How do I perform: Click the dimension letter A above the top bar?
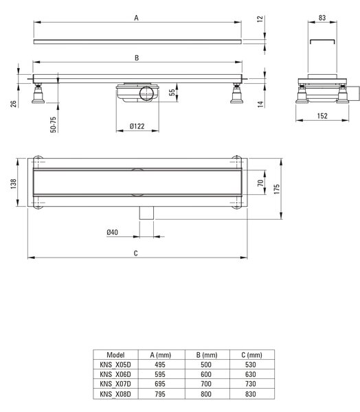tap(136, 18)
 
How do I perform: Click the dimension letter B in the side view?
tap(137, 58)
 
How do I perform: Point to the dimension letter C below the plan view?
tap(136, 253)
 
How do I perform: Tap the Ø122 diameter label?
tap(137, 126)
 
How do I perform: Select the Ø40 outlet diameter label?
tap(112, 232)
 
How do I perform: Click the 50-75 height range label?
tap(53, 124)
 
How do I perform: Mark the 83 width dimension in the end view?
tap(322, 18)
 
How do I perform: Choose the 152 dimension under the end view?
tap(322, 116)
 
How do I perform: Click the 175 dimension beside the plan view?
tap(277, 190)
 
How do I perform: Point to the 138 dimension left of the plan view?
tap(13, 184)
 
